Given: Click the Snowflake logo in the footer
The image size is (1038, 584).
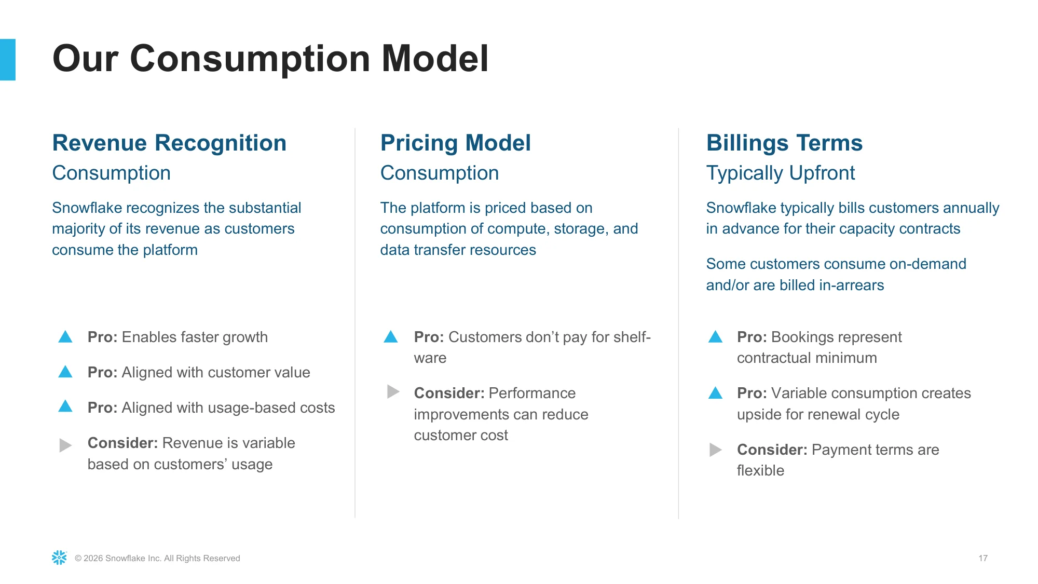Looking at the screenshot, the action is click(x=59, y=558).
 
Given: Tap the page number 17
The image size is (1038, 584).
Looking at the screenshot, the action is click(x=983, y=558).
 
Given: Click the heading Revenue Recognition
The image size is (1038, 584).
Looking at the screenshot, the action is click(x=169, y=143).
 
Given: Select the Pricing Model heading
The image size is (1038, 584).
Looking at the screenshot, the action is click(x=455, y=143).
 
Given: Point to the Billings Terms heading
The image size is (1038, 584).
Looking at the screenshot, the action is click(x=784, y=143).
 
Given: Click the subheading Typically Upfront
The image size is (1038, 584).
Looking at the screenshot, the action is click(x=781, y=173).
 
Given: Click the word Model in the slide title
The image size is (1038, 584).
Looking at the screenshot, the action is click(x=435, y=58).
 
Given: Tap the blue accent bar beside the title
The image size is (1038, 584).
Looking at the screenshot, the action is click(x=8, y=60).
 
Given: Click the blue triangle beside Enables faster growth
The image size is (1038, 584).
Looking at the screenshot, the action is click(x=65, y=337).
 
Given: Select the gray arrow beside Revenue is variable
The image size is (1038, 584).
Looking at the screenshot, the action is click(x=65, y=445).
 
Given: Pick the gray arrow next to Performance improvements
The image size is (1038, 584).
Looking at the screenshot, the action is click(x=393, y=391).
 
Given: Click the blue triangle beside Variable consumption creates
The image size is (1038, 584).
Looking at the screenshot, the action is click(x=716, y=393).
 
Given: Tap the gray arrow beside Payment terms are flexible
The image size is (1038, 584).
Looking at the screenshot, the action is click(x=716, y=450).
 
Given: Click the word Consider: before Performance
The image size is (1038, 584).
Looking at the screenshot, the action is click(x=449, y=393).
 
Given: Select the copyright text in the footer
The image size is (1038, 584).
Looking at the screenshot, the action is click(x=157, y=558).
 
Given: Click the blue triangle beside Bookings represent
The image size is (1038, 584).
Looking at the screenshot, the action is click(x=716, y=337).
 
